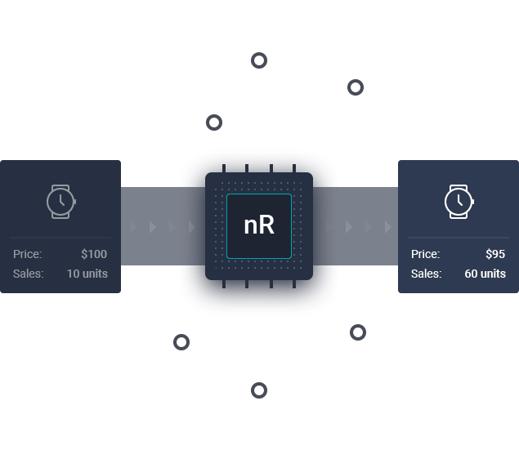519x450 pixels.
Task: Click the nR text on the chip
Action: [259, 226]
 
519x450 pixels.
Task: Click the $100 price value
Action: [94, 254]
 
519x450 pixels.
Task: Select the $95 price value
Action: [494, 254]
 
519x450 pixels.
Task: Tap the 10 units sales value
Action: [87, 274]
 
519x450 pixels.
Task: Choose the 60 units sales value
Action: [485, 274]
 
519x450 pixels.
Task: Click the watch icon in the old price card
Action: [60, 201]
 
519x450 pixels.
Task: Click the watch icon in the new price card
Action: [459, 201]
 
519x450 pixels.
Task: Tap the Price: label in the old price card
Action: [27, 254]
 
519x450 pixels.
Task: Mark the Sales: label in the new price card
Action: [426, 274]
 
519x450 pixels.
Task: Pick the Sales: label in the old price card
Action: [28, 274]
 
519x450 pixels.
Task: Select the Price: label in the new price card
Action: [425, 254]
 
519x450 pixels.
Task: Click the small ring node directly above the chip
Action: [259, 60]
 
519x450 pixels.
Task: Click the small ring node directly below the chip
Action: [259, 390]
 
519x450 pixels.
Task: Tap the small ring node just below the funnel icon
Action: [356, 87]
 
